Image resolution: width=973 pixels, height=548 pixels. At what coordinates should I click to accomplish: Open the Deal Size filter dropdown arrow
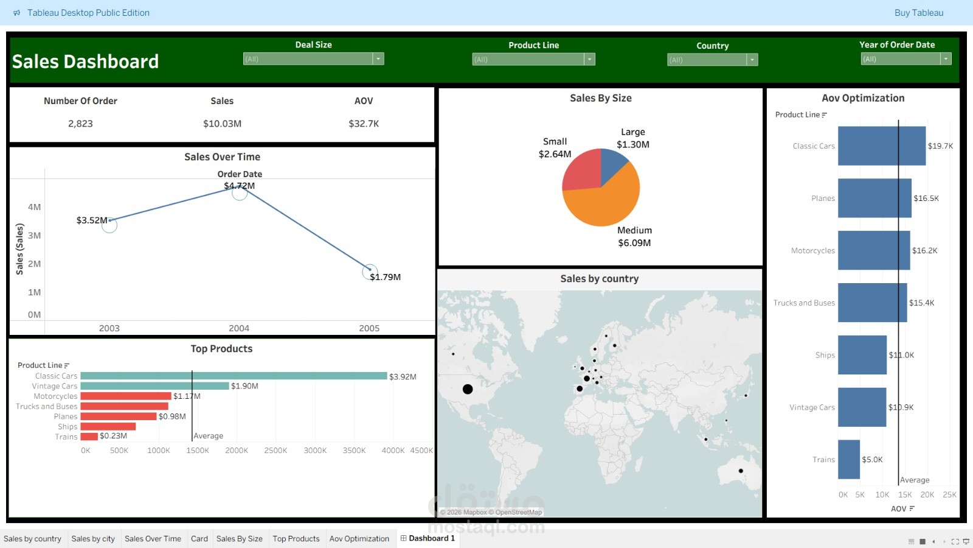378,59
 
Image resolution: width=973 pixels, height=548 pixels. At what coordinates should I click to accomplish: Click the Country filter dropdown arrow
752,60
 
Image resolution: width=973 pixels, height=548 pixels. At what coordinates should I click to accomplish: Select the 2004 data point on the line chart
240,193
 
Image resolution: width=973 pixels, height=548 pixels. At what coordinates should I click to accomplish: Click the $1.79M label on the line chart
386,277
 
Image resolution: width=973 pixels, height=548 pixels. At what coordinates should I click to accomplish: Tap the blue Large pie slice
612,163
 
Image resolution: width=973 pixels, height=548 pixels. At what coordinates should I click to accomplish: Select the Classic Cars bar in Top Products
234,376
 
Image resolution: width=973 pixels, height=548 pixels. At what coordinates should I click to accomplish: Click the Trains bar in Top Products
89,437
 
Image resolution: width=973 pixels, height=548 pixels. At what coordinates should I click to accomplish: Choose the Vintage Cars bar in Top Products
154,386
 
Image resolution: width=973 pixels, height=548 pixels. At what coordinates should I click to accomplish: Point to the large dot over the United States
468,389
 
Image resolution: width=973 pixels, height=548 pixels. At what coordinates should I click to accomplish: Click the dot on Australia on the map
741,471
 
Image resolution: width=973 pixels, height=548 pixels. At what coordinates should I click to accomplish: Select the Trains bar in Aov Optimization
848,460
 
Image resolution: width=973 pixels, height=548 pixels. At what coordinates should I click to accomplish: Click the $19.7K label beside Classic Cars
940,146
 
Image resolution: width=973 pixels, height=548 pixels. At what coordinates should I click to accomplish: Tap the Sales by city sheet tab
93,539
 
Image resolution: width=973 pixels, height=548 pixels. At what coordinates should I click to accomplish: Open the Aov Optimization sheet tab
359,539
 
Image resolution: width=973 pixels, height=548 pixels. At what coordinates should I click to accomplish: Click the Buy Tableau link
918,13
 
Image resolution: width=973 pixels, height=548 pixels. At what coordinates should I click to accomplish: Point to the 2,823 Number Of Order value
80,124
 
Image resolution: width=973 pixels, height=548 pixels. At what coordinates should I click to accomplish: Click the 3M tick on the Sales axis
34,236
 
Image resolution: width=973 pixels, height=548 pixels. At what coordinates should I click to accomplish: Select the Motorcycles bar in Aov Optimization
873,250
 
